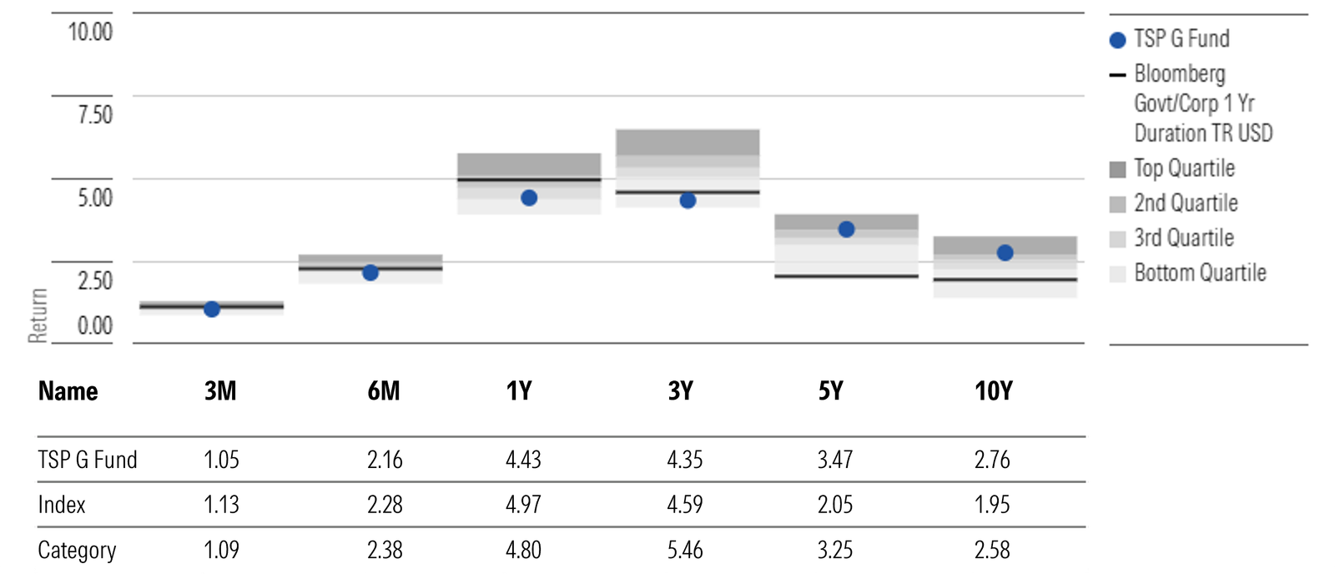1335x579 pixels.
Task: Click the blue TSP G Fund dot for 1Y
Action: (x=529, y=198)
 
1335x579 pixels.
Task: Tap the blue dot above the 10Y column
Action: (x=1005, y=253)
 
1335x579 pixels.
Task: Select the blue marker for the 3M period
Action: (x=212, y=310)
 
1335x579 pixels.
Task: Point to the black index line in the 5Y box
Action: (x=846, y=276)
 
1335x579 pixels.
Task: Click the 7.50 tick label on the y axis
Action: (x=94, y=114)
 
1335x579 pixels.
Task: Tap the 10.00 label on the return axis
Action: (x=90, y=32)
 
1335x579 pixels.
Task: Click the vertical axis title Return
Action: (x=38, y=315)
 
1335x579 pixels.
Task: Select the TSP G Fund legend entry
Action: (x=1181, y=39)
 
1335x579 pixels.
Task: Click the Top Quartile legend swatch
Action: (x=1118, y=169)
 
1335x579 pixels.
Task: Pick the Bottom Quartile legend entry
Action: (x=1200, y=273)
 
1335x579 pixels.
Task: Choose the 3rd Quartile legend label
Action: (x=1183, y=238)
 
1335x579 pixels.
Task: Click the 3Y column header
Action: (x=681, y=390)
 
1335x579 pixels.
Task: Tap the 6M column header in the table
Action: (x=384, y=390)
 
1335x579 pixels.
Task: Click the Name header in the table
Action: (x=68, y=390)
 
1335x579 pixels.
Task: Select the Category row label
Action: (x=77, y=550)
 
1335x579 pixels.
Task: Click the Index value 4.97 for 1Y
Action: (x=523, y=505)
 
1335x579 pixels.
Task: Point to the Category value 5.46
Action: (x=685, y=550)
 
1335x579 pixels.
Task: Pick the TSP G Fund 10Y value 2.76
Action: (x=992, y=460)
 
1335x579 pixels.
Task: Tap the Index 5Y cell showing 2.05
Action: (x=835, y=505)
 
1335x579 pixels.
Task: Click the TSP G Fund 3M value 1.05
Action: (x=221, y=460)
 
